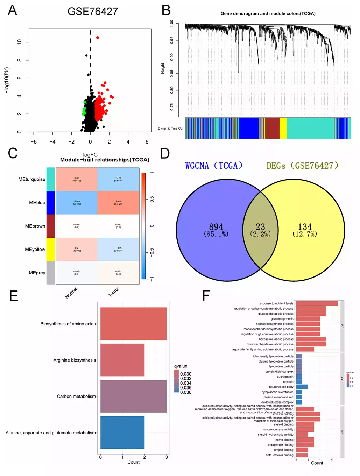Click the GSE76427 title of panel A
point(93,12)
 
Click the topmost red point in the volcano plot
point(98,38)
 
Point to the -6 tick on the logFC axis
point(34,142)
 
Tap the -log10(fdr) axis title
point(7,80)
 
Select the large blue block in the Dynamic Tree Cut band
point(248,128)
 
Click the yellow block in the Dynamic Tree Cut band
point(283,128)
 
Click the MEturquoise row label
point(32,179)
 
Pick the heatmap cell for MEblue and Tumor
point(118,203)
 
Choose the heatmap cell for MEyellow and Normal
point(77,249)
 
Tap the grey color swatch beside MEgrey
point(50,273)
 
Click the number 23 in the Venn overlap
point(260,227)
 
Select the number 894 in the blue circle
point(216,227)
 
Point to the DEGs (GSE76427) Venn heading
point(302,166)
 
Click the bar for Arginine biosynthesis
point(122,360)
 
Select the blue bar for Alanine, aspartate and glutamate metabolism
point(122,432)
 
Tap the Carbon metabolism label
point(76,396)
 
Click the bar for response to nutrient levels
point(317,303)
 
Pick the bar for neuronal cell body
point(302,387)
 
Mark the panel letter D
point(165,153)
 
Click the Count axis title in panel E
point(133,462)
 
